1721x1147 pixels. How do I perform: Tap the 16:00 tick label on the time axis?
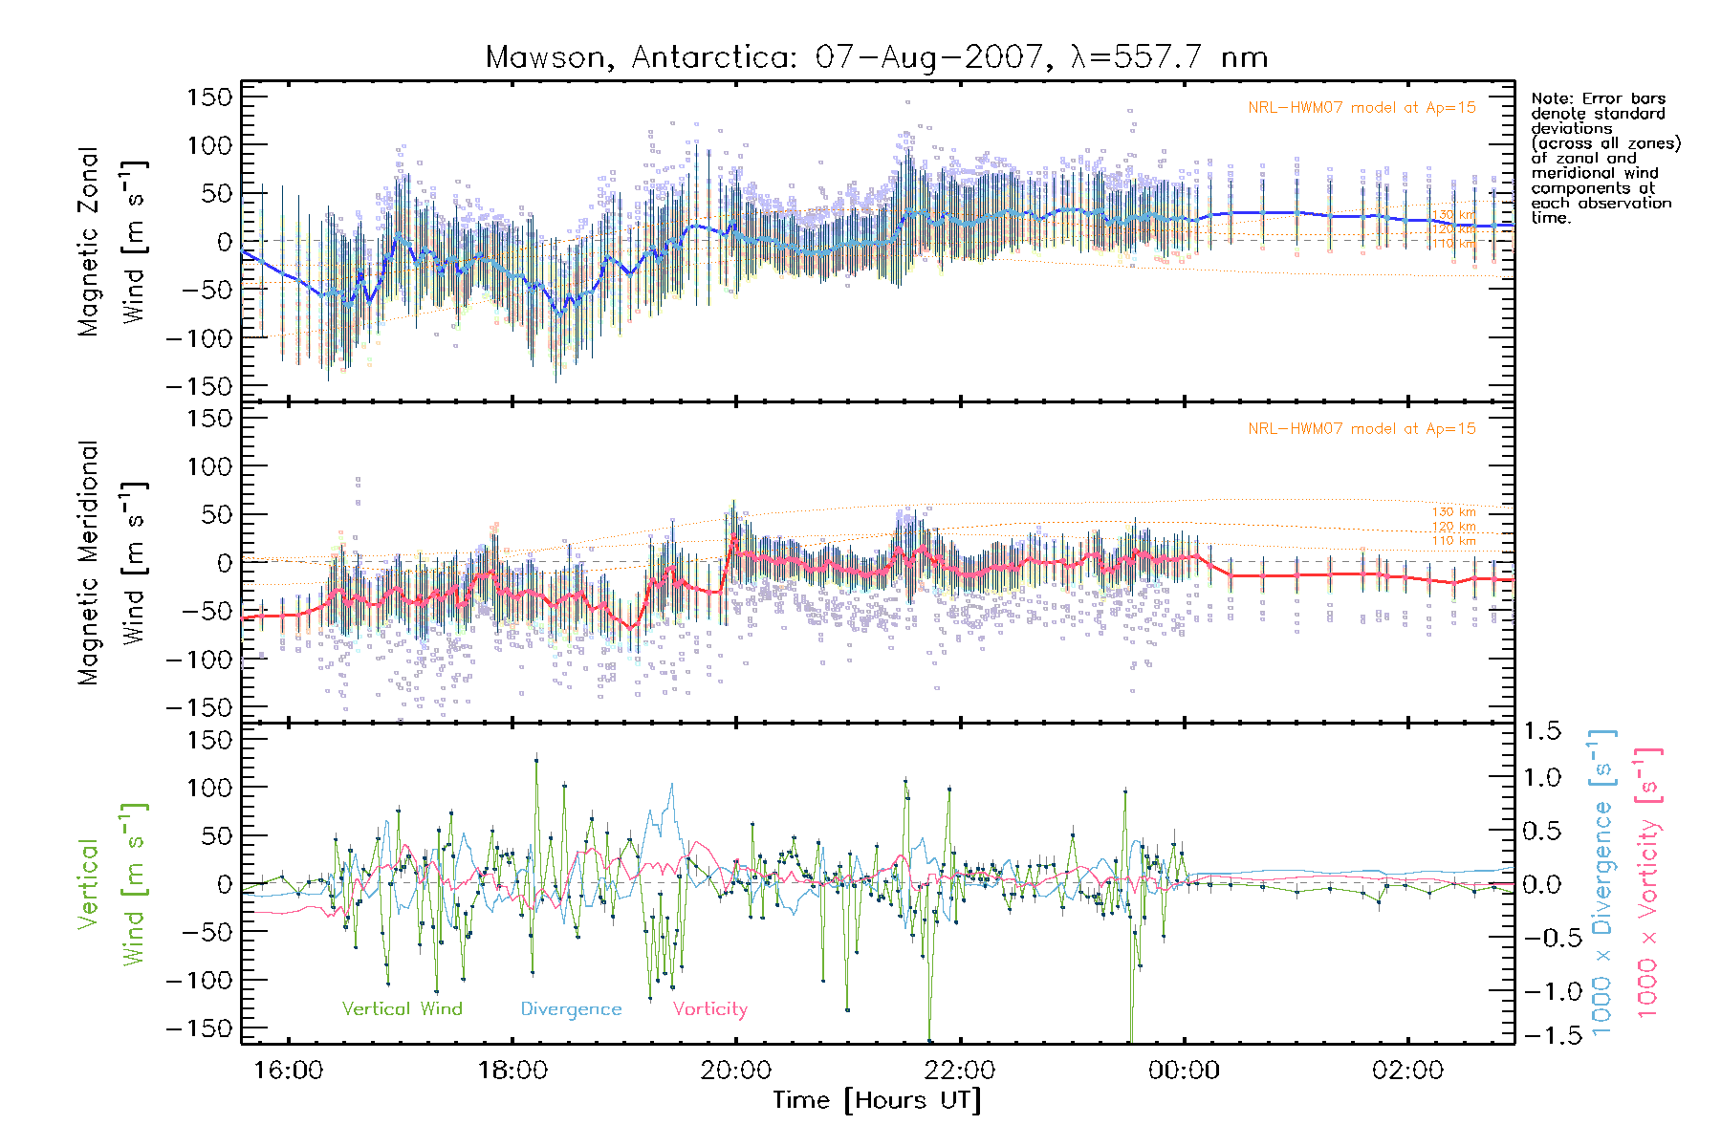pos(288,1070)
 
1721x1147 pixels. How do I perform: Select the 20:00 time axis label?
pos(735,1070)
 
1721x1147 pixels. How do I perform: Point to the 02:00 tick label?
pos(1407,1070)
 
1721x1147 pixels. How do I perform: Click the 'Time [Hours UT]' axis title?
pos(877,1100)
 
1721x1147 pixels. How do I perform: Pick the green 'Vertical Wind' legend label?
pos(402,1008)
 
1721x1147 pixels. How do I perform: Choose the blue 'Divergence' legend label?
pos(571,1008)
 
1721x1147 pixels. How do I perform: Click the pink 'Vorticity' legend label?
pos(709,1008)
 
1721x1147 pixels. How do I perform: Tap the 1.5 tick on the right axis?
pos(1542,731)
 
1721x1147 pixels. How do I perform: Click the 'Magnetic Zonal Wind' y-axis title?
pos(113,242)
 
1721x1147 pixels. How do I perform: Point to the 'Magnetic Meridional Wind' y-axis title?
pos(113,563)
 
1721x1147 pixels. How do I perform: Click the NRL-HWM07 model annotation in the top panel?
pos(1362,107)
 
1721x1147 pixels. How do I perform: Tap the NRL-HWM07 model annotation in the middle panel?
pos(1362,428)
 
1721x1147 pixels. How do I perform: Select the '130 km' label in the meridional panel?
pos(1453,512)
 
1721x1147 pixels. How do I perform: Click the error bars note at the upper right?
pos(1604,158)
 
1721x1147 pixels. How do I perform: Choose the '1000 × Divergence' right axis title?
pos(1601,883)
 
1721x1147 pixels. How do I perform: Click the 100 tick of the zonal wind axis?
pos(209,145)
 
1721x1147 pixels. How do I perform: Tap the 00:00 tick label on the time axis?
pos(1184,1070)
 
